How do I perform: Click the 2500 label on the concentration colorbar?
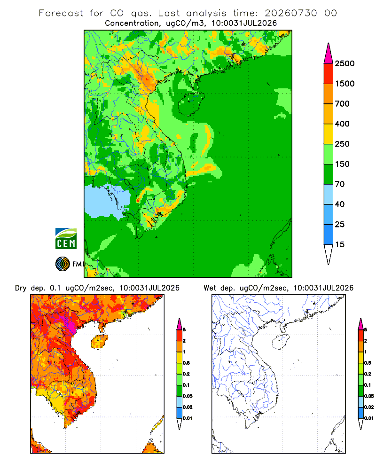345,63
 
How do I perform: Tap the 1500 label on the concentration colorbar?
345,84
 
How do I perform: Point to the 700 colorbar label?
342,104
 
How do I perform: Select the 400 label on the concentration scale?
342,124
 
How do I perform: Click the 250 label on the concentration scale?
342,144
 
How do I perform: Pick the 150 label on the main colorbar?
342,164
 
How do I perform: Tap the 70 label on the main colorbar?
340,184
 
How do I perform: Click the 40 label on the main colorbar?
340,204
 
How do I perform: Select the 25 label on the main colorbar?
340,224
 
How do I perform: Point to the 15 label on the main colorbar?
340,244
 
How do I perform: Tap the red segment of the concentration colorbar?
329,74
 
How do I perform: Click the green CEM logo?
66,239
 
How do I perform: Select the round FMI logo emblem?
63,264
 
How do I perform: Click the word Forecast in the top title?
61,13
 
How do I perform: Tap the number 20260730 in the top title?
290,13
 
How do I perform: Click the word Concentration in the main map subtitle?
132,23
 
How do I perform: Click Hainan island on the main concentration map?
191,104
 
